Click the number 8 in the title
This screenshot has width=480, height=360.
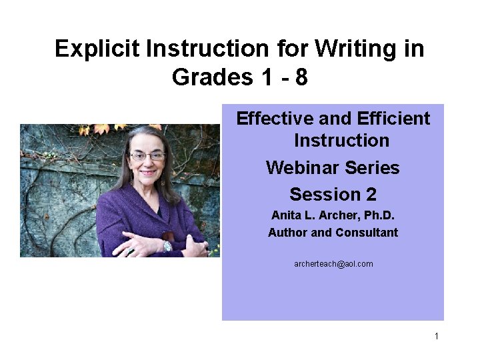(301, 78)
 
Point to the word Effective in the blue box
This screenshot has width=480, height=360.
(275, 119)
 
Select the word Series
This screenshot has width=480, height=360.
(373, 167)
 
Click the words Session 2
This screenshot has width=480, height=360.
(333, 195)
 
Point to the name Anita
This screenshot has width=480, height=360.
(285, 216)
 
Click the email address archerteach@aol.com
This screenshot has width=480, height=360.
(333, 264)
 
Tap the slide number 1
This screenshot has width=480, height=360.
(437, 336)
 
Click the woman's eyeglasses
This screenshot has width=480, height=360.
(147, 156)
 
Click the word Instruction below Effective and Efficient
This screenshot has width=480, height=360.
(341, 141)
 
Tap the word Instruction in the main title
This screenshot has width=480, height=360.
(227, 49)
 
